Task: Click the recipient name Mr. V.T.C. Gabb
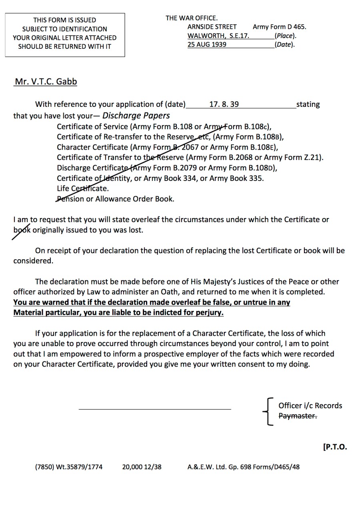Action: (46, 82)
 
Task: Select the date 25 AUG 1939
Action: (207, 44)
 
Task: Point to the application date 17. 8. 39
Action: (224, 104)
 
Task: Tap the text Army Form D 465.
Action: (279, 27)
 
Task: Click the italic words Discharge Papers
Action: (136, 116)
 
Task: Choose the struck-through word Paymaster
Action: (298, 416)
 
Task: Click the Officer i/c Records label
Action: (310, 405)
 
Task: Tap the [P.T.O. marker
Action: (335, 447)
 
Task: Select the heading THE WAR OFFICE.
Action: (192, 18)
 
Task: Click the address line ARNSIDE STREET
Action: (212, 27)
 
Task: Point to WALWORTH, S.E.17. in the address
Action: (218, 36)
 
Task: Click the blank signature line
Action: (155, 409)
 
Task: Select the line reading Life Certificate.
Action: (83, 188)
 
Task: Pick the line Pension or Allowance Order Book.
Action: (116, 199)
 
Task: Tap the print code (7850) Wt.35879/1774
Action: (68, 467)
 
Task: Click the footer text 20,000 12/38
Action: (142, 467)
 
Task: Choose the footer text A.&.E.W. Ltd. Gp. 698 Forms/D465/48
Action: (243, 467)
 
